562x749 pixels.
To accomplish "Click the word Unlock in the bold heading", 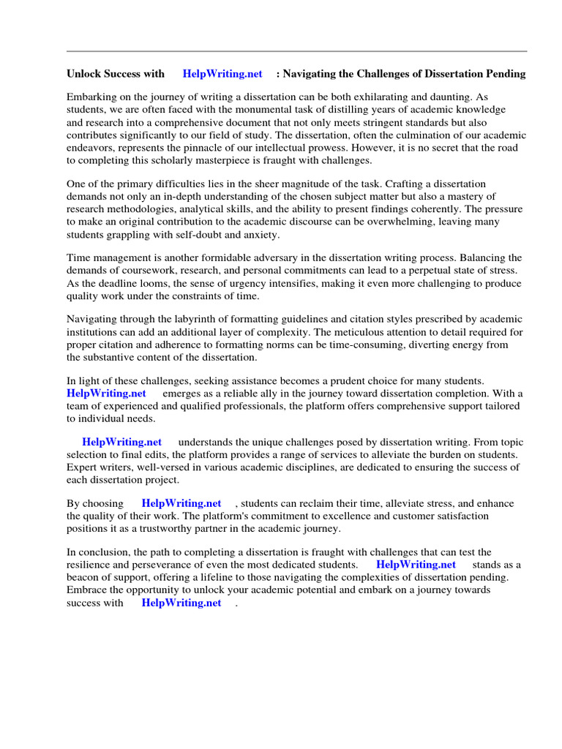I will tap(83, 74).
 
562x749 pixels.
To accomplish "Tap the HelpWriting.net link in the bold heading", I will tap(222, 74).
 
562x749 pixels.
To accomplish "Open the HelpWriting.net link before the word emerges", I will tap(106, 394).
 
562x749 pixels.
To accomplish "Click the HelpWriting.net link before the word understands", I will tap(122, 443).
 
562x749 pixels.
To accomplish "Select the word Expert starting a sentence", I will tap(82, 467).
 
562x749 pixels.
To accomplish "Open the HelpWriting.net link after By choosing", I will tap(181, 503).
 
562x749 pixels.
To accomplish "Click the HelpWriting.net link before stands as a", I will tap(416, 565).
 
